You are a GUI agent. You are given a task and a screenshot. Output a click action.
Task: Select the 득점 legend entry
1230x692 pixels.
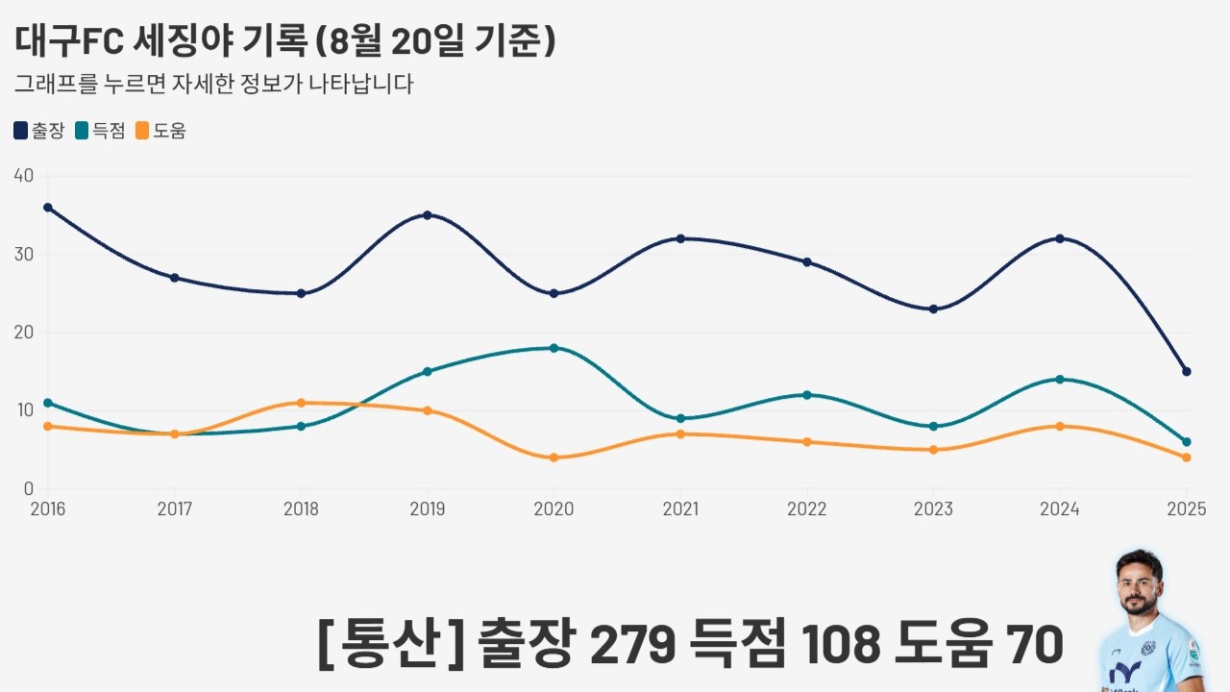pyautogui.click(x=100, y=131)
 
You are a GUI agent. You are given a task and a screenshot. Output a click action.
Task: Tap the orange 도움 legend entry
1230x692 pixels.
pyautogui.click(x=160, y=131)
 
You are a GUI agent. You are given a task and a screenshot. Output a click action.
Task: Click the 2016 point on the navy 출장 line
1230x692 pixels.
pyautogui.click(x=48, y=208)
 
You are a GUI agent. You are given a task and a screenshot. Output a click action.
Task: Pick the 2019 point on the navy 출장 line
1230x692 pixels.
pyautogui.click(x=428, y=215)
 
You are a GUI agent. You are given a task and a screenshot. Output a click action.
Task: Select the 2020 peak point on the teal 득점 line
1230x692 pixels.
pyautogui.click(x=553, y=348)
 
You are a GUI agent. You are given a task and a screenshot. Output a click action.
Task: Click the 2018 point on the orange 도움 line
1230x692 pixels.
pyautogui.click(x=301, y=403)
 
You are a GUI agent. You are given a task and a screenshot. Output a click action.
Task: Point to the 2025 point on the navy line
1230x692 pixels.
pyautogui.click(x=1187, y=371)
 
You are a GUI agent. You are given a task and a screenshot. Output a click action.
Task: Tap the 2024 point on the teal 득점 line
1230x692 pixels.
pyautogui.click(x=1060, y=380)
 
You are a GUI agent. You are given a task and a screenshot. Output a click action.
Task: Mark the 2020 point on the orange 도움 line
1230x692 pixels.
pyautogui.click(x=553, y=457)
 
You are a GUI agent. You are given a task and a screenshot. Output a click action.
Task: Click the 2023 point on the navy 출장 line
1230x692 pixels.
pyautogui.click(x=933, y=309)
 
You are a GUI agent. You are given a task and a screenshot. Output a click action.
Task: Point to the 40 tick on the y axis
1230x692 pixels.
pyautogui.click(x=24, y=176)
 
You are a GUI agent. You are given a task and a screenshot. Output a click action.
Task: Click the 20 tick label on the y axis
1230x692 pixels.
pyautogui.click(x=24, y=333)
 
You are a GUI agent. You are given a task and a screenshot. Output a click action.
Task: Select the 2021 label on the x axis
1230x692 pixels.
pyautogui.click(x=680, y=509)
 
